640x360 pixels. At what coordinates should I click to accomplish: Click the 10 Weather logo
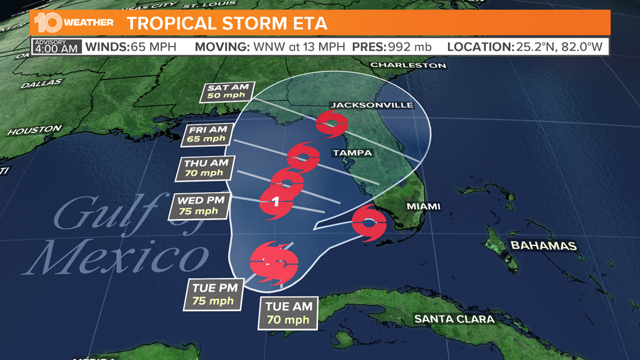pyautogui.click(x=74, y=23)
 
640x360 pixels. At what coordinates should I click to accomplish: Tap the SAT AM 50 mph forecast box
pyautogui.click(x=227, y=92)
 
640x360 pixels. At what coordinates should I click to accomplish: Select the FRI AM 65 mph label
pyautogui.click(x=207, y=134)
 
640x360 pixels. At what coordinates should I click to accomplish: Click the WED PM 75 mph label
pyautogui.click(x=200, y=206)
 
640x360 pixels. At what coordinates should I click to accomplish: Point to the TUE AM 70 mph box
pyautogui.click(x=288, y=313)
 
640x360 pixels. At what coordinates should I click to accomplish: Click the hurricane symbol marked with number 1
pyautogui.click(x=276, y=201)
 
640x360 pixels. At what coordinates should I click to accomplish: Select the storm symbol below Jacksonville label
pyautogui.click(x=331, y=124)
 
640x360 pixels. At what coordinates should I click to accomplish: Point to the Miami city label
pyautogui.click(x=423, y=207)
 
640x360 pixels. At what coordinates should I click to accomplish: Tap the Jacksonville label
pyautogui.click(x=372, y=105)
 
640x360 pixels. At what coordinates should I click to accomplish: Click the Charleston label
pyautogui.click(x=408, y=65)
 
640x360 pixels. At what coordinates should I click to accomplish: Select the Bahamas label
pyautogui.click(x=543, y=246)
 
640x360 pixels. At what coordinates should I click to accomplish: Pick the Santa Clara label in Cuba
pyautogui.click(x=454, y=320)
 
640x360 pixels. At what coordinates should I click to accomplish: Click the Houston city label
pyautogui.click(x=35, y=130)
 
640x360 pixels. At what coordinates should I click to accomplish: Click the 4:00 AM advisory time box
pyautogui.click(x=56, y=46)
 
